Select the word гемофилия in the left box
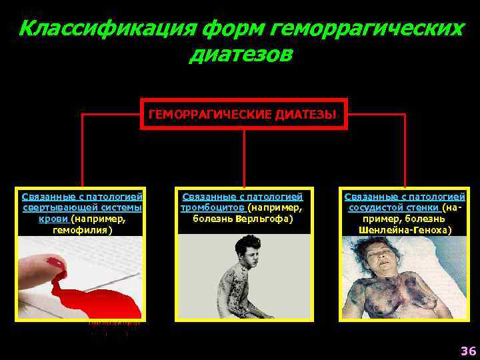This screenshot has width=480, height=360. click(82, 229)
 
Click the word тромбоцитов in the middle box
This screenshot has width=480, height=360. click(213, 208)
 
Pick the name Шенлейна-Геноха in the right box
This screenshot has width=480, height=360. click(405, 229)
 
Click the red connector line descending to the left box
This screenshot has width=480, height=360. click(82, 153)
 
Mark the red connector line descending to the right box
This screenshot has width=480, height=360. click(405, 153)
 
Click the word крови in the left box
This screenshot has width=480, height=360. click(57, 219)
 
